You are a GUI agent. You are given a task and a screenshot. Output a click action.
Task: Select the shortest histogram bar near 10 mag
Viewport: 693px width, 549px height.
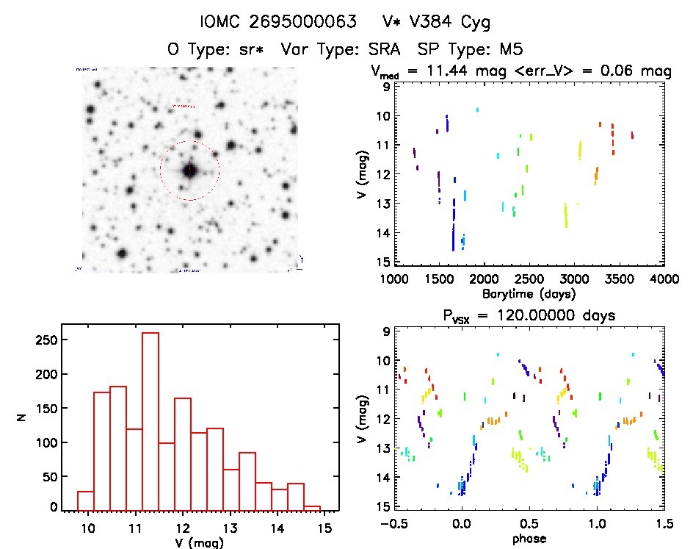click(x=85, y=500)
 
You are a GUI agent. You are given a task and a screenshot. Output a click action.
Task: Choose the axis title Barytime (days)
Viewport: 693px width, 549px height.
click(x=529, y=294)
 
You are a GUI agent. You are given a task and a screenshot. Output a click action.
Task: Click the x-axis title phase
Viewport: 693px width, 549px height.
click(x=529, y=539)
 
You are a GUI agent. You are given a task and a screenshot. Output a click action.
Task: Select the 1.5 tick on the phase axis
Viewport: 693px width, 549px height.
click(x=664, y=525)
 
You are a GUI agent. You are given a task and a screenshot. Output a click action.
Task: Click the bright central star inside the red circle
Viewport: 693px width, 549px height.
click(x=189, y=171)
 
